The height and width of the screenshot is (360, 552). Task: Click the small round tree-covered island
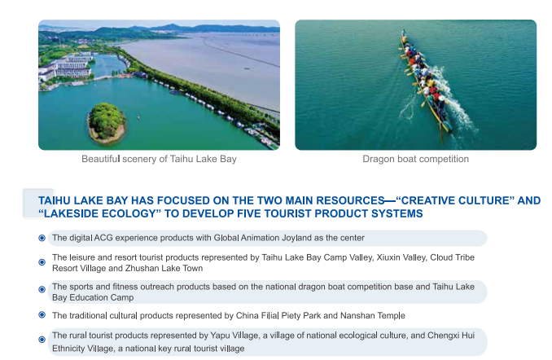(106, 123)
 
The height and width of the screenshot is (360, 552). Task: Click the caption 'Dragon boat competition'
(415, 159)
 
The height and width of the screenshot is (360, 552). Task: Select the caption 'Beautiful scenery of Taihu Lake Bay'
(159, 159)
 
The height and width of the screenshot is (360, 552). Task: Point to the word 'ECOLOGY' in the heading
(129, 213)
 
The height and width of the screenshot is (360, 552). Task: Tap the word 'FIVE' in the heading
(248, 213)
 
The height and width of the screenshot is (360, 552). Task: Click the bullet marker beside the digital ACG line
(42, 238)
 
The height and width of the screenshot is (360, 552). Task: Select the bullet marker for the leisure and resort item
(42, 262)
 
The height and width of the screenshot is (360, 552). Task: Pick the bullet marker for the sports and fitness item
(42, 289)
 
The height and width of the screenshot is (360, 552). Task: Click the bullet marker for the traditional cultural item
(42, 314)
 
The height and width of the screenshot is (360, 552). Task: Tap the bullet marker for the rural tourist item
(42, 340)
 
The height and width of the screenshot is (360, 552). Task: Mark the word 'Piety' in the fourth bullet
(291, 316)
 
